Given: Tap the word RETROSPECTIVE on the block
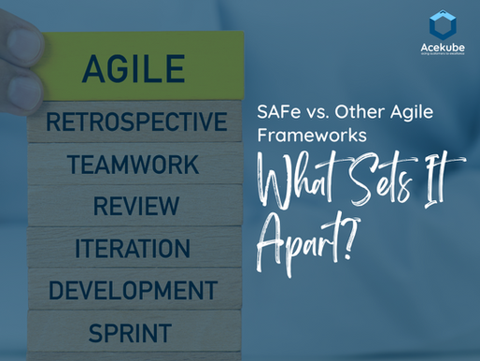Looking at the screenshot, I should pyautogui.click(x=136, y=122).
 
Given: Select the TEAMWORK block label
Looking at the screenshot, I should pyautogui.click(x=132, y=165).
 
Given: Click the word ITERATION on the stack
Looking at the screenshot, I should pyautogui.click(x=133, y=248).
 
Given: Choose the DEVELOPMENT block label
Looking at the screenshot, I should pyautogui.click(x=133, y=289).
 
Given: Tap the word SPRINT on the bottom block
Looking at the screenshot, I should pyautogui.click(x=130, y=331).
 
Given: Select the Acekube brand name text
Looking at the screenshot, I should pyautogui.click(x=441, y=49).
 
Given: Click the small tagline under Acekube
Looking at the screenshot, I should pyautogui.click(x=441, y=58).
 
